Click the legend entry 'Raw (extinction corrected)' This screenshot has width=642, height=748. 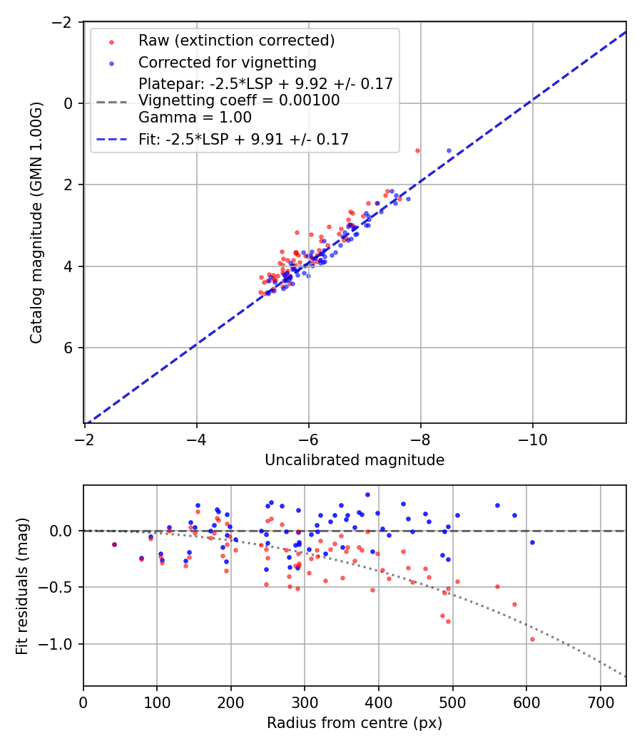[x=236, y=41]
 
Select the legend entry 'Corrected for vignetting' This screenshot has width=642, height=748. [x=227, y=62]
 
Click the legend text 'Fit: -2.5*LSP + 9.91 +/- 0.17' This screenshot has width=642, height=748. [x=243, y=140]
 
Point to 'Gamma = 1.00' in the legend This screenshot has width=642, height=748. [x=195, y=118]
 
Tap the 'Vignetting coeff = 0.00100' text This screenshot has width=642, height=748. [x=239, y=100]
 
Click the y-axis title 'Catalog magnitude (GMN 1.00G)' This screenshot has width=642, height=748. [x=36, y=223]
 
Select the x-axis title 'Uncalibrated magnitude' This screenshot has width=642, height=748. [x=355, y=460]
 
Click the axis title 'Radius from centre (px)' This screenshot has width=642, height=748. [x=355, y=723]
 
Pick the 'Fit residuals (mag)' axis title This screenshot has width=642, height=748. [x=21, y=586]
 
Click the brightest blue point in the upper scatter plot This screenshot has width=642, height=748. [x=449, y=150]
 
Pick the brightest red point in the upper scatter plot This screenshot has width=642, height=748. [x=417, y=150]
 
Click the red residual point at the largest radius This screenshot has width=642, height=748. [x=532, y=639]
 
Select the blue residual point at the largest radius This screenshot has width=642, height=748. [x=532, y=542]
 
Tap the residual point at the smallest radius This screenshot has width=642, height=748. [x=114, y=544]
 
